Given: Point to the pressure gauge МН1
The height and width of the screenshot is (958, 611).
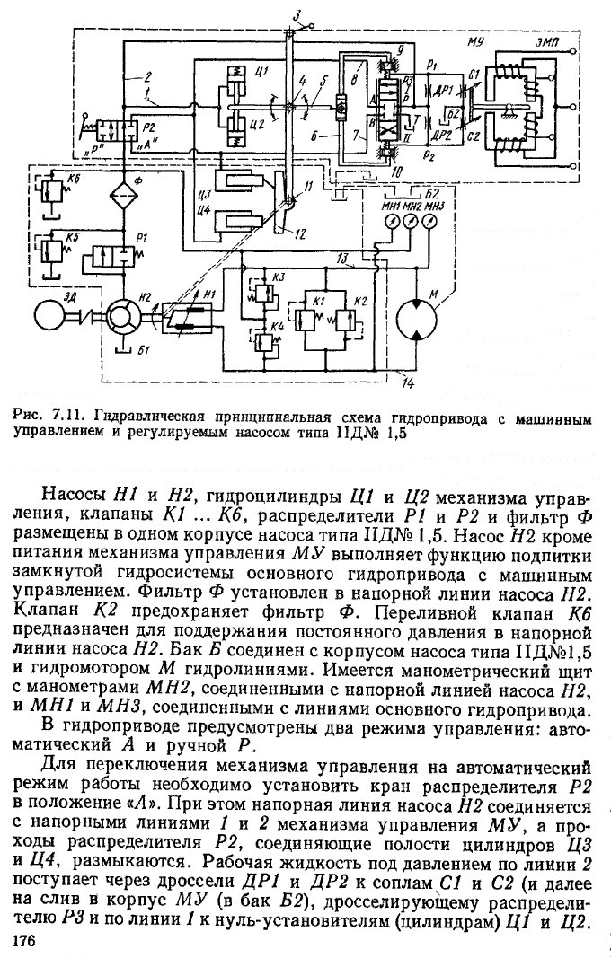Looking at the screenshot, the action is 390,223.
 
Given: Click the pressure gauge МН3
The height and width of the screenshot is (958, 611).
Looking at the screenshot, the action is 431,223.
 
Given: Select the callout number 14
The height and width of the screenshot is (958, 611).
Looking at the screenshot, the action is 408,382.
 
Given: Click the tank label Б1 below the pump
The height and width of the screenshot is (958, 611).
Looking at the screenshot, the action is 144,350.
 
